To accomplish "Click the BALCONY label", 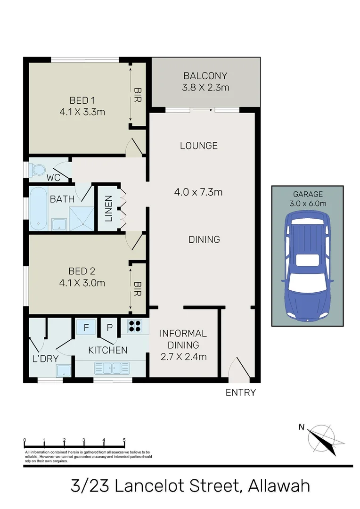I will tap(205, 76).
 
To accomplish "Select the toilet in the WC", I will tap(37, 170).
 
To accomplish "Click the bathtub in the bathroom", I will tap(38, 208).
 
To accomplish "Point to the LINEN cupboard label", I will tap(108, 208).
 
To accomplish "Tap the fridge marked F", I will tap(86, 327).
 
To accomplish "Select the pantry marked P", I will tap(110, 327).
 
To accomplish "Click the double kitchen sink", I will tap(109, 368).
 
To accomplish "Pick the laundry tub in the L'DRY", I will tap(64, 371).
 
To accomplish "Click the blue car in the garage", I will tap(307, 268).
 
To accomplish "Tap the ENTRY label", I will tap(241, 392).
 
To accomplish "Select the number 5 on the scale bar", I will tap(124, 441).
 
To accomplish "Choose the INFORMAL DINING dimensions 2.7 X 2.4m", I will tap(183, 357).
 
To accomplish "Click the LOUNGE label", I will tap(199, 146).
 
